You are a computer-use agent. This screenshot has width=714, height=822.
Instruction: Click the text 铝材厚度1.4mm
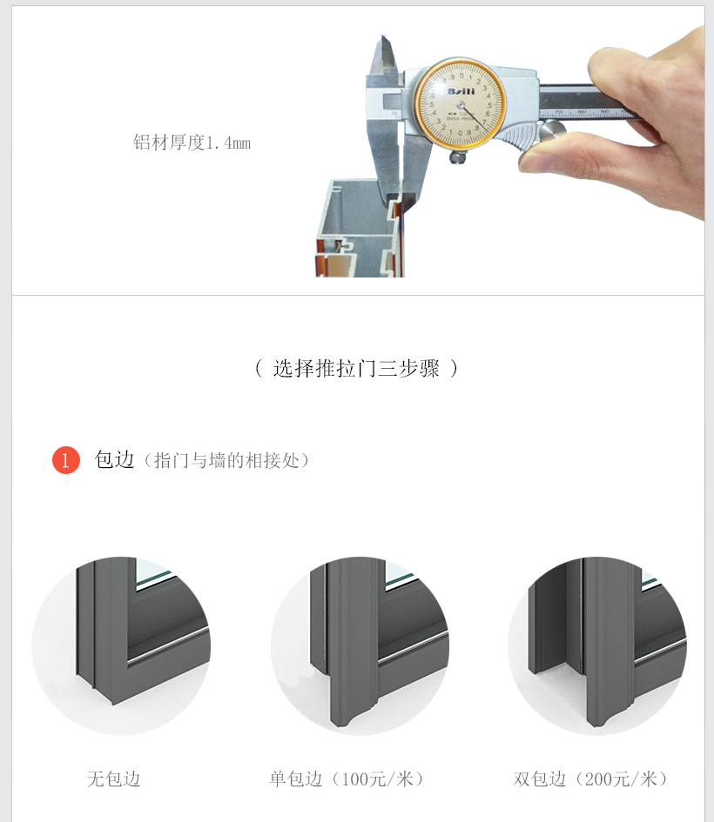coord(192,143)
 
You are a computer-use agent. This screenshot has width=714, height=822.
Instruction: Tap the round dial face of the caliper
coord(460,104)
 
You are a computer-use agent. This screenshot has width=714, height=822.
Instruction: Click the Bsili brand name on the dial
coord(461,91)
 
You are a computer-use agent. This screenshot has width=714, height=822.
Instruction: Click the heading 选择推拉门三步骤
coord(356,368)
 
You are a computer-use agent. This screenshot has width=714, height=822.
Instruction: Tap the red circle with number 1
coord(66,460)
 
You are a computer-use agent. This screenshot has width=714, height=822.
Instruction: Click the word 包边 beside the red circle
coord(114,460)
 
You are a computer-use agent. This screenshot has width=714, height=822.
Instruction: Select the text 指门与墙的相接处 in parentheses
coord(226,461)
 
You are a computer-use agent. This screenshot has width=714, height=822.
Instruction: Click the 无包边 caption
coord(114,779)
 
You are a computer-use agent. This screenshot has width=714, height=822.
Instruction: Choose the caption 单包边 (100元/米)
coord(347,779)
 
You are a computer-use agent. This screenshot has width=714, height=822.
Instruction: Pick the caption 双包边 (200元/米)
coord(590,779)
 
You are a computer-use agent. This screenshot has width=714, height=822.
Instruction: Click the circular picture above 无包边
coord(121,645)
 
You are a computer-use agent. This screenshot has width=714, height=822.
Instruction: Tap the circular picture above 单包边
coord(360,645)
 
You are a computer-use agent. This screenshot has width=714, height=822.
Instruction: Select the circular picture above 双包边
coord(597,645)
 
